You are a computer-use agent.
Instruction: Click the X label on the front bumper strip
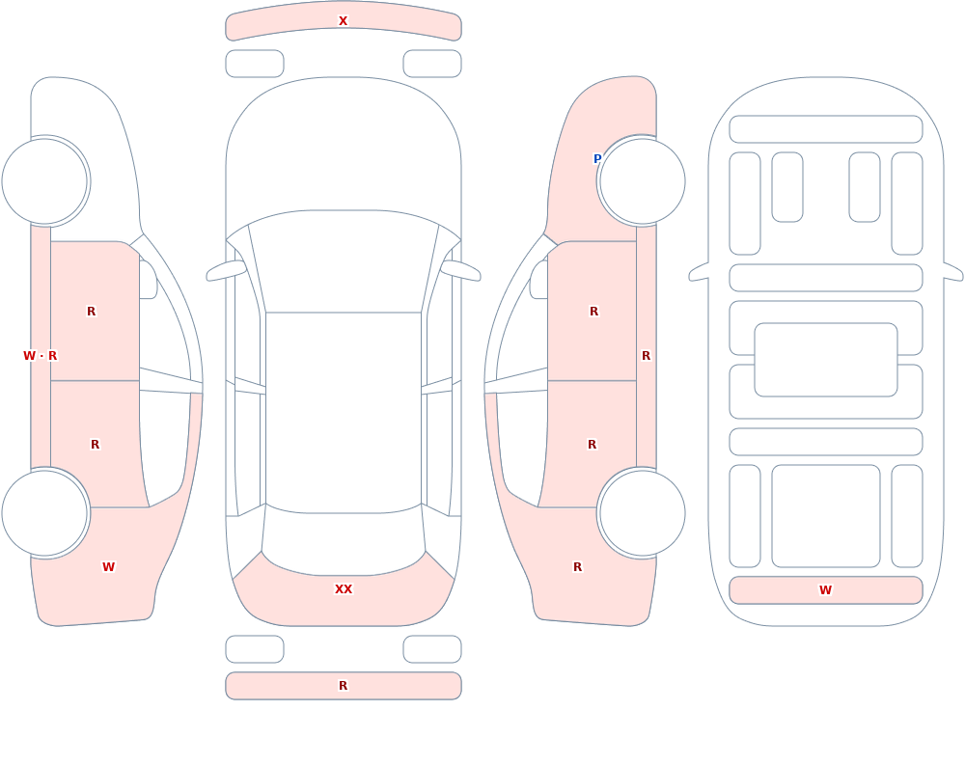click(343, 21)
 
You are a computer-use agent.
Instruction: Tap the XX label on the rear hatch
click(344, 589)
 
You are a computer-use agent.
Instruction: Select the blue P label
click(597, 159)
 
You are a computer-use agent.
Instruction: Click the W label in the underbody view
click(825, 590)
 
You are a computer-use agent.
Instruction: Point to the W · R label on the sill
click(40, 356)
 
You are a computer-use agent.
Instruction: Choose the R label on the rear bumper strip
click(343, 686)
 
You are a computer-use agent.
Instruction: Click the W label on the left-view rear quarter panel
click(108, 567)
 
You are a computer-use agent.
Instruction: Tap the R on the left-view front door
click(91, 312)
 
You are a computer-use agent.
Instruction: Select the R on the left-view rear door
click(95, 445)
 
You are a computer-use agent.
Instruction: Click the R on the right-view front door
click(593, 312)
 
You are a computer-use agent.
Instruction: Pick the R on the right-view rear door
click(593, 445)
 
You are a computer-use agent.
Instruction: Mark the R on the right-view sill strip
click(647, 356)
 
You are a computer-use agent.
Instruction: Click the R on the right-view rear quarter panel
click(577, 567)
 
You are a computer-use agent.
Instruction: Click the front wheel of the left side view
click(44, 181)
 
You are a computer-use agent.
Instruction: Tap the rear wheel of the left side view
click(44, 513)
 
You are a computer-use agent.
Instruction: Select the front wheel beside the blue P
click(643, 181)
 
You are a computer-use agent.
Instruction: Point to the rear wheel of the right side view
click(643, 513)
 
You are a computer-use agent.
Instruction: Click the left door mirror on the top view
click(225, 271)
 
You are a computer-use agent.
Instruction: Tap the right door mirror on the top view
click(460, 271)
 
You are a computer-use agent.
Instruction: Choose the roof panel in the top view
click(344, 411)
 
